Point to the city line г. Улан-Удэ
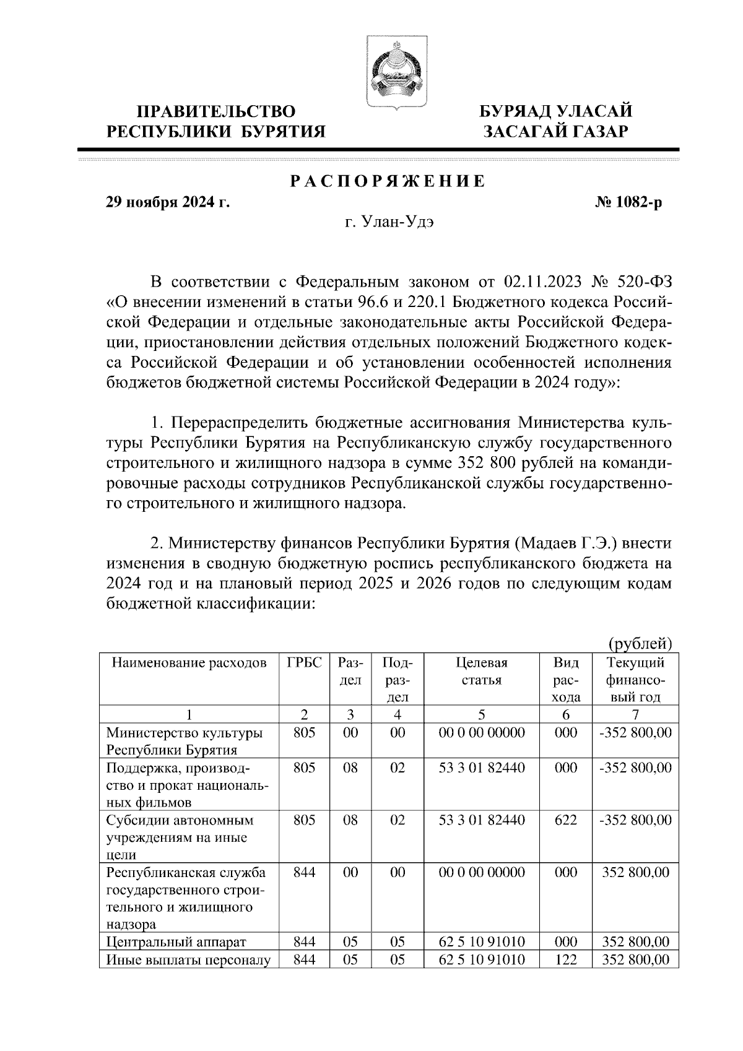(x=388, y=222)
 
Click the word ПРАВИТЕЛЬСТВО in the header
(x=216, y=112)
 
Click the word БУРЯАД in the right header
(x=515, y=112)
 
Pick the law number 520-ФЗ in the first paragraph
(x=645, y=283)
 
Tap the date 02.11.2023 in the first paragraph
(x=543, y=283)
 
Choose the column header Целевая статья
(x=481, y=671)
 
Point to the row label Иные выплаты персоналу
(x=189, y=960)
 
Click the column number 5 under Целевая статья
(x=481, y=714)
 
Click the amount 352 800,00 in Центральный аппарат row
(x=635, y=943)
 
